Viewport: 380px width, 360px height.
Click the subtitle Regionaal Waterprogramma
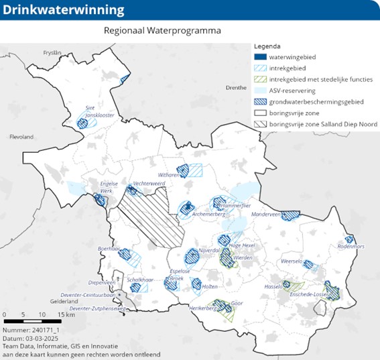tap(162, 30)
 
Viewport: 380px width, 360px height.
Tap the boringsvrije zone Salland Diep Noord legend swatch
tap(261, 124)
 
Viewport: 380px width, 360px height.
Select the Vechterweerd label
tap(149, 183)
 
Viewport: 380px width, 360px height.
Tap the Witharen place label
tap(170, 175)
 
